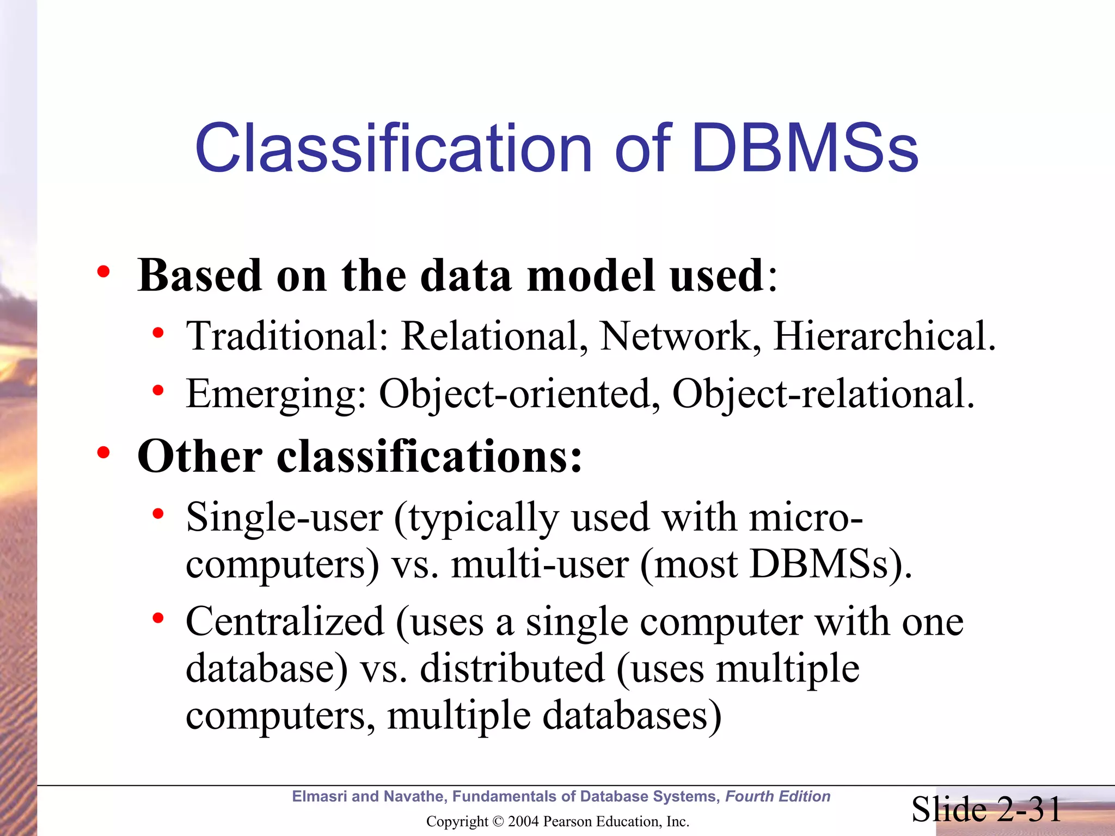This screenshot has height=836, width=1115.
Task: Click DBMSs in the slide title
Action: point(806,148)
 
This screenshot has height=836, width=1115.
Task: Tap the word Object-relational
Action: point(822,394)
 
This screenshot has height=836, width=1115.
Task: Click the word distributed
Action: point(512,668)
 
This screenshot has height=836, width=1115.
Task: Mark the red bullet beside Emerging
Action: point(158,390)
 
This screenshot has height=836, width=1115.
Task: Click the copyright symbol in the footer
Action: point(498,821)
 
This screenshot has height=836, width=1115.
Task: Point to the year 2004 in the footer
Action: point(523,821)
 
